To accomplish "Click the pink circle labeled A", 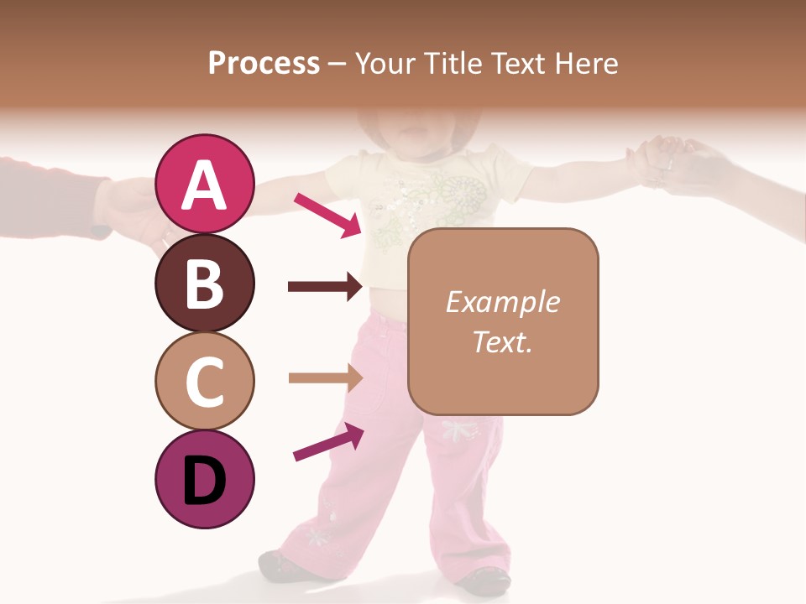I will click(204, 184).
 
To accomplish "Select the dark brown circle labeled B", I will click(204, 283).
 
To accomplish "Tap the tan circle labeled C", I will click(204, 381).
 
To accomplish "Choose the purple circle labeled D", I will click(204, 479).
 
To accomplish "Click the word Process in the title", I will click(264, 63).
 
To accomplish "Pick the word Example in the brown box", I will click(502, 302).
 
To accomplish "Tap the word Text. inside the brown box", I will click(502, 341).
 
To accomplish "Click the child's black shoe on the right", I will click(484, 580).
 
